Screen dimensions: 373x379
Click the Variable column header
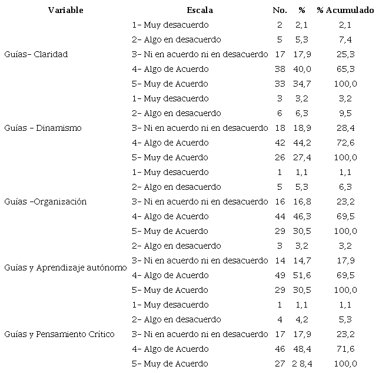[65, 10]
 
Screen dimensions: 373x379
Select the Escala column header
[200, 10]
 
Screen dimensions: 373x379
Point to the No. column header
[280, 10]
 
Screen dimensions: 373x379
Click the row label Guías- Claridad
[36, 54]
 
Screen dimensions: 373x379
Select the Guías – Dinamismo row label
[42, 128]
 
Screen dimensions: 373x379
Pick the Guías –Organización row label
[45, 202]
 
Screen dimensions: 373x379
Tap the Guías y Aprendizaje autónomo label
[65, 268]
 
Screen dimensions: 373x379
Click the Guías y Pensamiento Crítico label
[59, 334]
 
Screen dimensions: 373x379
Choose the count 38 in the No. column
[280, 69]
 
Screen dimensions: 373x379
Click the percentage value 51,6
[302, 275]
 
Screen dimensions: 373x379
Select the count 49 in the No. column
[280, 275]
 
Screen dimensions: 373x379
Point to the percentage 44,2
[302, 143]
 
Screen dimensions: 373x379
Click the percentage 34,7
[302, 84]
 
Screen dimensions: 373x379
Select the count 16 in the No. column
[280, 202]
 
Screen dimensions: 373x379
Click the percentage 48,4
[302, 349]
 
